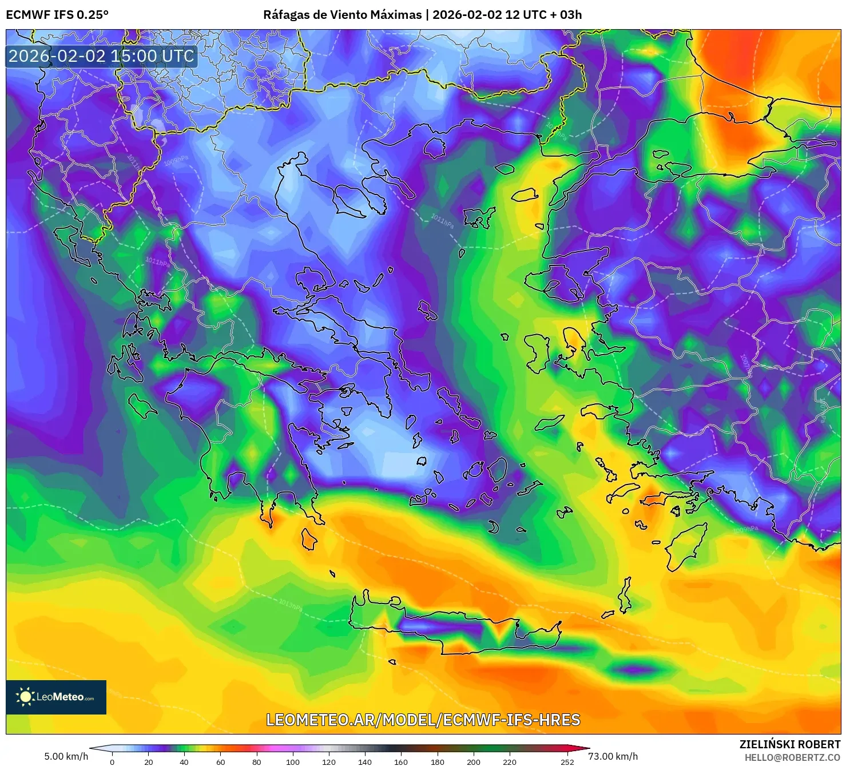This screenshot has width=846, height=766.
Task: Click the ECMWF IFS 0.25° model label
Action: [x=57, y=15]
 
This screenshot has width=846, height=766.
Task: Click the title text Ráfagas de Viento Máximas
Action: [x=342, y=15]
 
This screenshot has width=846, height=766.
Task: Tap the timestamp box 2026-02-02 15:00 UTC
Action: [x=101, y=56]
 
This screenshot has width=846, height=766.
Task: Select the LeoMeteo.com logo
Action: [x=56, y=697]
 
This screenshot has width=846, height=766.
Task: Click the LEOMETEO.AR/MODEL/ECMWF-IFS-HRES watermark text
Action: [x=423, y=720]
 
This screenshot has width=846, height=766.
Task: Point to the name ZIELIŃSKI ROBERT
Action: [x=789, y=744]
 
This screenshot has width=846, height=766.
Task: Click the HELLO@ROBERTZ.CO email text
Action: [x=792, y=757]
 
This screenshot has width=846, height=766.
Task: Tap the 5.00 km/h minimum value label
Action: [x=66, y=756]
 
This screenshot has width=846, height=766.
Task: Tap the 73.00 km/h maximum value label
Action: [x=613, y=756]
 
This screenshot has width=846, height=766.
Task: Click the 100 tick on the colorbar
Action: [x=292, y=761]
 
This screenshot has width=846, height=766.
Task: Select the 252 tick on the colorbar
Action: [x=567, y=761]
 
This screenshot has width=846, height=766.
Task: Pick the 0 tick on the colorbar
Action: [x=112, y=761]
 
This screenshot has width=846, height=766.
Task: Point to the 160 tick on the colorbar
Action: [x=401, y=761]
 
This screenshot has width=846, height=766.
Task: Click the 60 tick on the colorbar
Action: [x=221, y=761]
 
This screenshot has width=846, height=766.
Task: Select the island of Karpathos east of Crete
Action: [x=625, y=596]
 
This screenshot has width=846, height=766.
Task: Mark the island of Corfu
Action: [x=67, y=240]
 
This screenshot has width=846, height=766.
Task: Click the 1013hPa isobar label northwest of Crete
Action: [x=291, y=604]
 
